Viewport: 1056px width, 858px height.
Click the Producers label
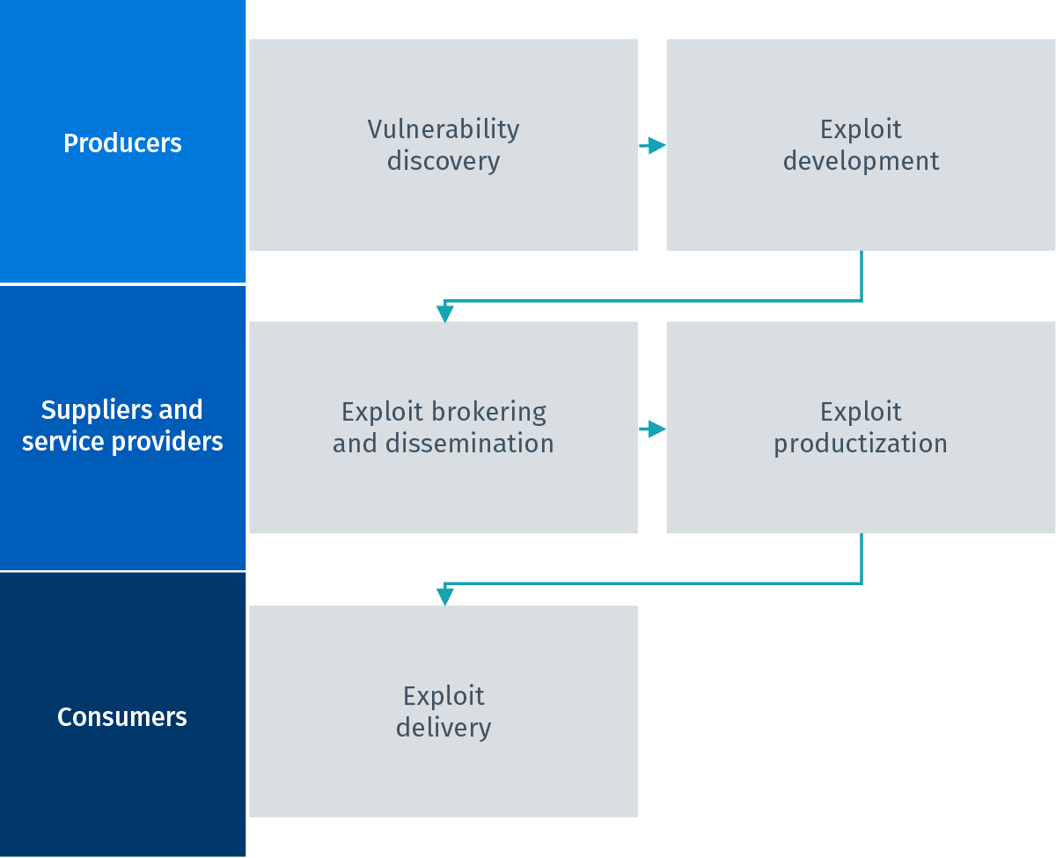122,143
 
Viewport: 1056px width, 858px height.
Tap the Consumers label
122,716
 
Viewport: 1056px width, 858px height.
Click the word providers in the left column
167,442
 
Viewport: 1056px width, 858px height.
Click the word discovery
444,162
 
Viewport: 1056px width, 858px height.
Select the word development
861,162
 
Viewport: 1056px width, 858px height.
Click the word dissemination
470,444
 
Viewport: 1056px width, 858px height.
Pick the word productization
861,444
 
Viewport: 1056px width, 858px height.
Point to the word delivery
444,728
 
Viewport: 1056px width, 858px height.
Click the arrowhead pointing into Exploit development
656,146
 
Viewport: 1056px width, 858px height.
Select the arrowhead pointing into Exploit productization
656,429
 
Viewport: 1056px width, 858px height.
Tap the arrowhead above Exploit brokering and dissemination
444,314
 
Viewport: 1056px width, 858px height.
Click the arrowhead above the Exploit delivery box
444,597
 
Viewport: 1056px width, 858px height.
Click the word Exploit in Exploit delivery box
444,696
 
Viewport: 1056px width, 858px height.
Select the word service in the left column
64,442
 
